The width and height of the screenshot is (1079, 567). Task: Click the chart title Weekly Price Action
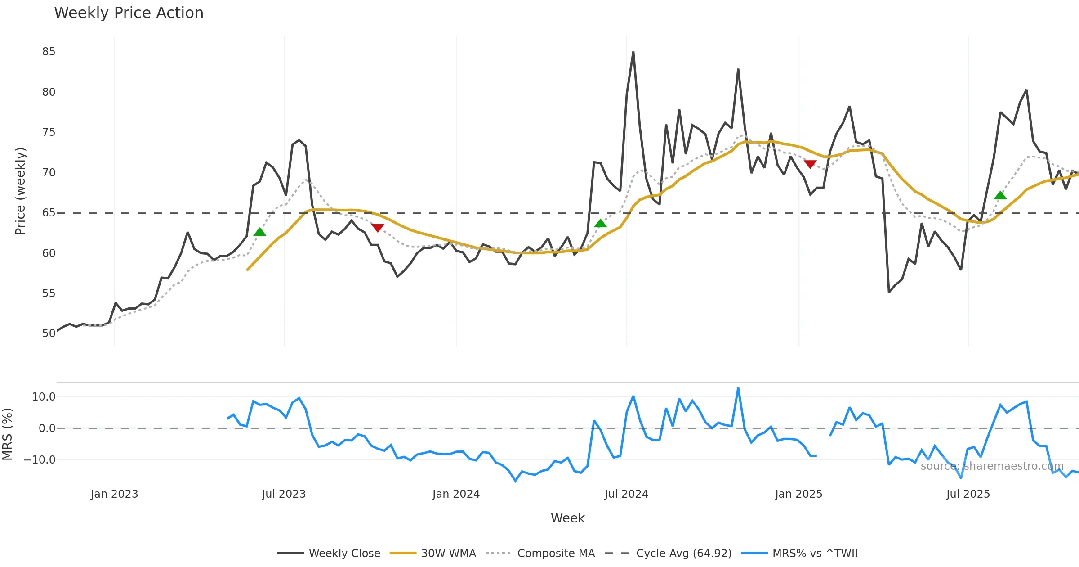click(x=129, y=13)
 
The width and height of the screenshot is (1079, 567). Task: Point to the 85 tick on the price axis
click(x=49, y=52)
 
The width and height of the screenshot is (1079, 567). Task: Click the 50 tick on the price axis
click(x=49, y=333)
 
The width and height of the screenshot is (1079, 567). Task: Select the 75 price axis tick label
click(x=49, y=132)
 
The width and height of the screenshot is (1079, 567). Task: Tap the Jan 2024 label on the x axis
click(x=456, y=494)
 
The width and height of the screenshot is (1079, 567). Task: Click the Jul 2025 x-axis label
click(x=968, y=494)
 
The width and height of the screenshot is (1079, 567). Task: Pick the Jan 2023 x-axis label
click(x=114, y=494)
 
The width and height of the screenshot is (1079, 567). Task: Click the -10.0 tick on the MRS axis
click(x=40, y=460)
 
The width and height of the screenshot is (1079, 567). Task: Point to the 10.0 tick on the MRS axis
click(x=44, y=397)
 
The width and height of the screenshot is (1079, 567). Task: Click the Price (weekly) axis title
click(x=21, y=191)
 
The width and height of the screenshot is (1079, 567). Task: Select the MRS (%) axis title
click(x=8, y=434)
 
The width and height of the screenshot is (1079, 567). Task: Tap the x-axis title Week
click(x=567, y=518)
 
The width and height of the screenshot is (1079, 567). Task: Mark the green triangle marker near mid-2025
click(x=1000, y=195)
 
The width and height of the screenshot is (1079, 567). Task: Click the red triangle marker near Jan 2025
click(x=810, y=164)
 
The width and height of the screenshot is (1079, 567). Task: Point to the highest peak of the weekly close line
click(x=633, y=52)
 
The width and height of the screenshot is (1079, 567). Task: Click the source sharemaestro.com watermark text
click(x=992, y=466)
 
